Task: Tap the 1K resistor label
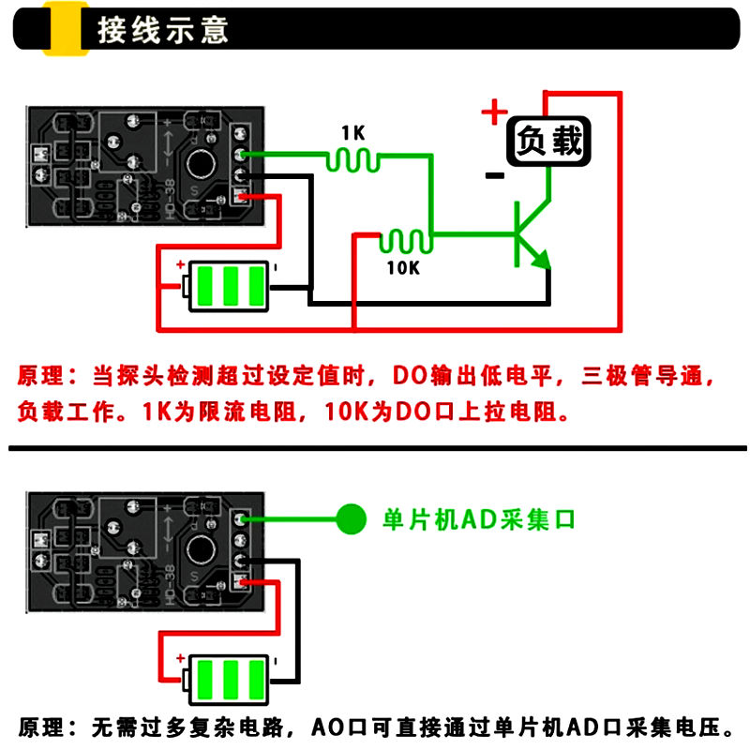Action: pos(352,132)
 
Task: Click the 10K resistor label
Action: pos(403,268)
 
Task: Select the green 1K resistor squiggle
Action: pos(353,161)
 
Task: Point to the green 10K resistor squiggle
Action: pos(406,242)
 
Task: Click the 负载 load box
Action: pos(550,142)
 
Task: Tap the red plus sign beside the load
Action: pos(494,113)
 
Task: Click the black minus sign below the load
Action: pos(494,175)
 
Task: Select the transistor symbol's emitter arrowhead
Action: pos(541,262)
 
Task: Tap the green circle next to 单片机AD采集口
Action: pos(352,518)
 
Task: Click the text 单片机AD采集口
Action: pos(478,519)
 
